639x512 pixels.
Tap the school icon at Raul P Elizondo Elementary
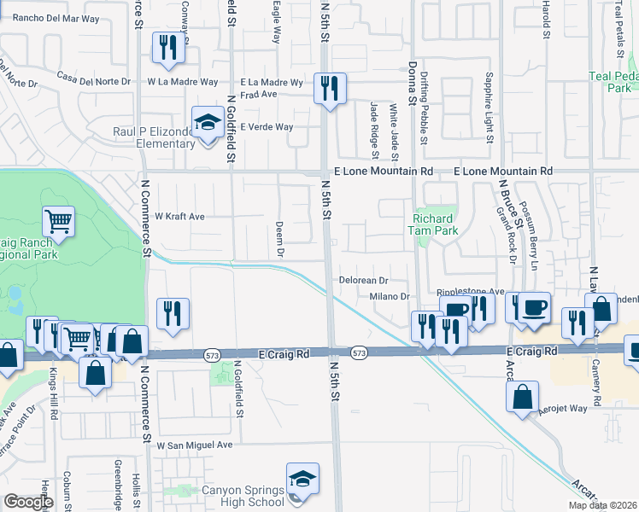point(207,123)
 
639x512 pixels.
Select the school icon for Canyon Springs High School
point(302,480)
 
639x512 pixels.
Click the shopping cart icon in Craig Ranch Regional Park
point(59,222)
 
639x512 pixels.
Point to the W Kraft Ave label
point(179,217)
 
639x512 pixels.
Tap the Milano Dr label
point(390,296)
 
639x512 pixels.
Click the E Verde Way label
point(267,127)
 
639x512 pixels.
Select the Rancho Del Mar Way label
point(50,17)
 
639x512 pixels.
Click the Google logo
point(28,502)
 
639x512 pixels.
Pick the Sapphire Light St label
point(490,109)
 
